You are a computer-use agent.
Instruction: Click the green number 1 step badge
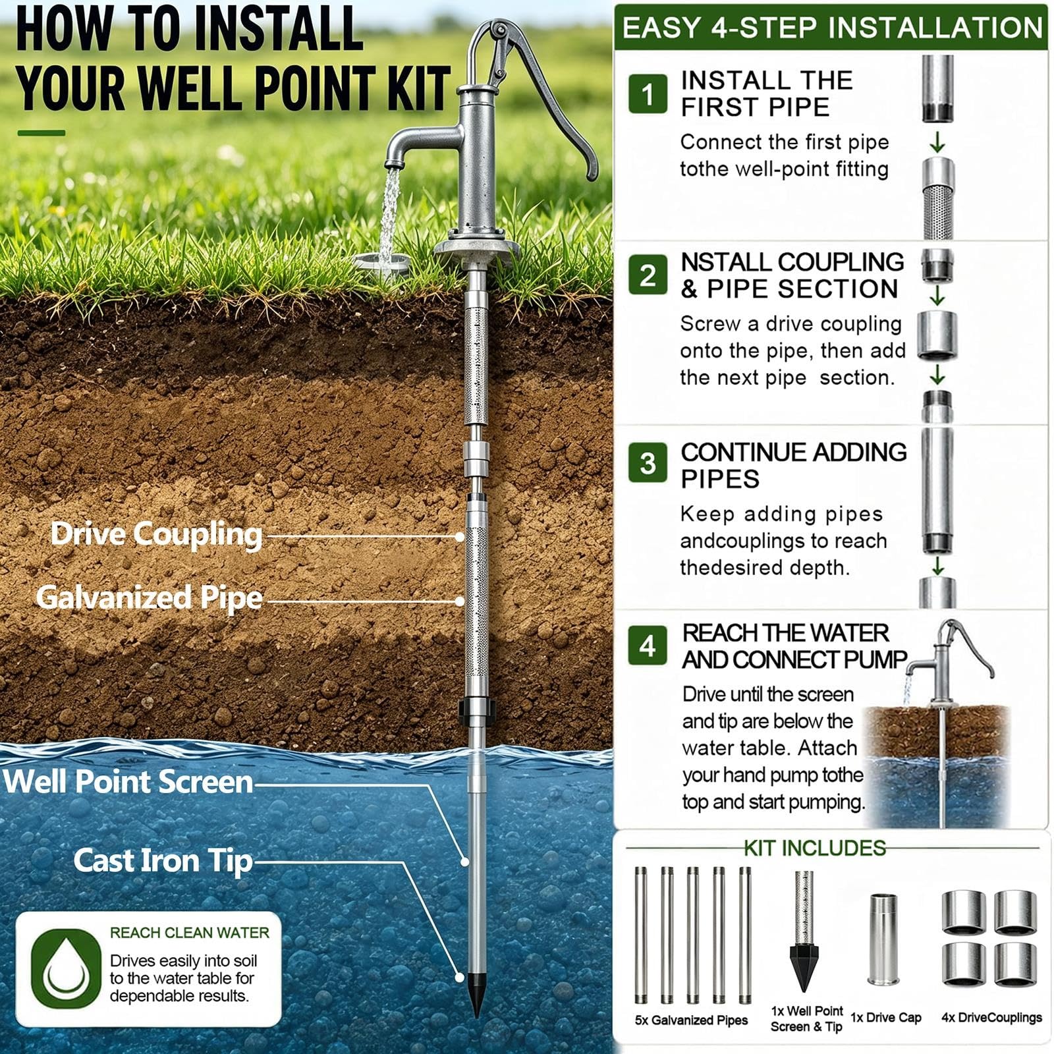648,94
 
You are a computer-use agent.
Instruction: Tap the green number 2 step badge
648,275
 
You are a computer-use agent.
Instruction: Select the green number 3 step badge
648,462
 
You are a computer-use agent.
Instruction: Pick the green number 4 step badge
648,646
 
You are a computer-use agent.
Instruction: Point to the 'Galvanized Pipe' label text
150,598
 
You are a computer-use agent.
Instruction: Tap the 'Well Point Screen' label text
128,782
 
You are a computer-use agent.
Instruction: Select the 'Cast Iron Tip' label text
163,860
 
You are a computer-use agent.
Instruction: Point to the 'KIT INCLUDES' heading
815,848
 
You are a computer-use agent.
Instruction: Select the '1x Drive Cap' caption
886,1017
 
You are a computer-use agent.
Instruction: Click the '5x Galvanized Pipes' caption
691,1020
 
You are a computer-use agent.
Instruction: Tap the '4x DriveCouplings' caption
991,1018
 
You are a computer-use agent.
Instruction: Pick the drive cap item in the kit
882,939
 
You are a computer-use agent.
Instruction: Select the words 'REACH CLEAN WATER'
190,933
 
